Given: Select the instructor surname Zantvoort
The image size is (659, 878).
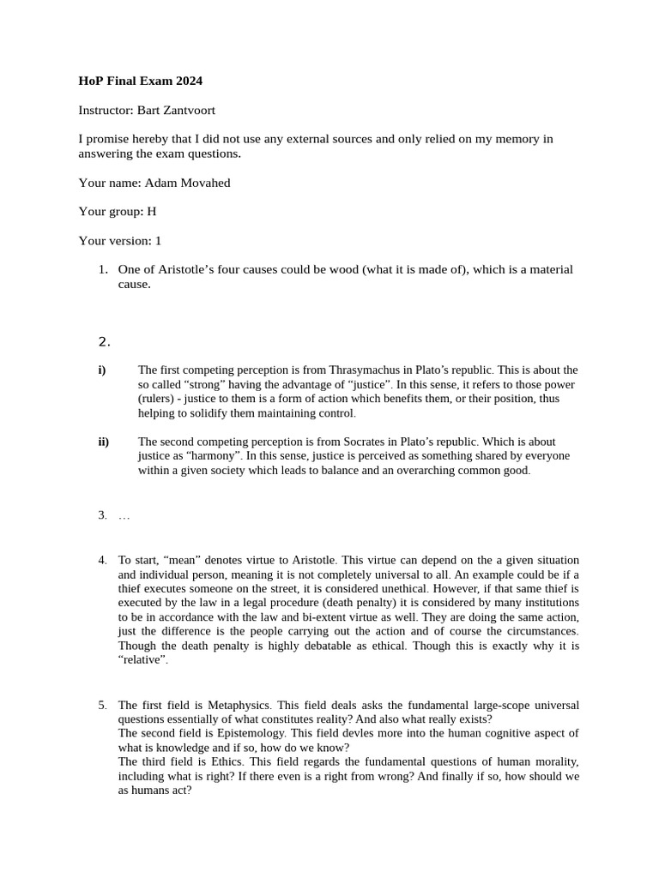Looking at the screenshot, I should [x=208, y=110].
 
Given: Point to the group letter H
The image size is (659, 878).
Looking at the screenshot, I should [x=152, y=211].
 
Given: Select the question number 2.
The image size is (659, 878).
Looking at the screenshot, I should [x=104, y=342].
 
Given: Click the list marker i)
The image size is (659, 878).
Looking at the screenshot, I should [x=102, y=370].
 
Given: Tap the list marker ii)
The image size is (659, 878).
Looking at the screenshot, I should [x=104, y=442].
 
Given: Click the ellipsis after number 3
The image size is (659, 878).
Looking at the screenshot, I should [x=124, y=515].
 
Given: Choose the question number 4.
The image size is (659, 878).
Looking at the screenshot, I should [x=102, y=560].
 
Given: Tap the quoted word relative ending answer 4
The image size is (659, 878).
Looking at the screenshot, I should [x=142, y=660].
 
